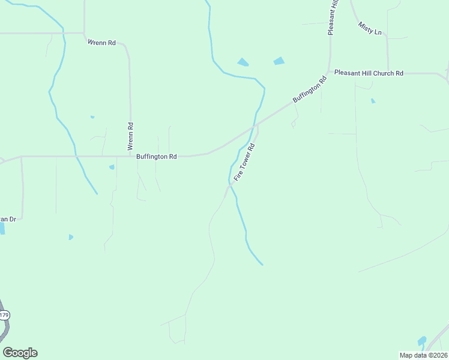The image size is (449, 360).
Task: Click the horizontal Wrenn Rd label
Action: pos(101,43)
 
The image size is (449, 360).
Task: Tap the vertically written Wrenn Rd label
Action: pos(130,136)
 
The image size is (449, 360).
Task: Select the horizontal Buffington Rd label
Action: pos(156,157)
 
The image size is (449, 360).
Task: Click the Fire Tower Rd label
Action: pos(245,162)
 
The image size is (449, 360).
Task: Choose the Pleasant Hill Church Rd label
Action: pos(369,73)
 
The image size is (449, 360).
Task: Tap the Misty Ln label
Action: pos(370,28)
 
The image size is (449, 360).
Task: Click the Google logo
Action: pos(20,353)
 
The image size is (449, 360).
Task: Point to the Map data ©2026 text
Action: pos(423,355)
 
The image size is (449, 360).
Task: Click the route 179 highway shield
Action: pos(4,315)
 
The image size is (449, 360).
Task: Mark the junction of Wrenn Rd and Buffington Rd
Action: pos(130,156)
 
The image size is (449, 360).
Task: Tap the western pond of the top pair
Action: pos(243,62)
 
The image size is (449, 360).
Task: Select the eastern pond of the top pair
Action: pos(279,61)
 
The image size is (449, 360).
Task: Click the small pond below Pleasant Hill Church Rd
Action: pos(373,101)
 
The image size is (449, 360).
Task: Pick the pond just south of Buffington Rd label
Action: pos(112,167)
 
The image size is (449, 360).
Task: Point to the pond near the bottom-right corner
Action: pos(421,341)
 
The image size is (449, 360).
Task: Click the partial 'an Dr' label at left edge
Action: pos(7,219)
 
